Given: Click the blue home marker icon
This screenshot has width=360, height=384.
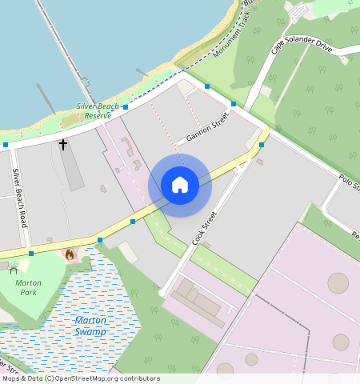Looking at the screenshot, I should pyautogui.click(x=180, y=185).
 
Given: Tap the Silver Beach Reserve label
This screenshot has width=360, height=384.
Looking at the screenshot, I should pyautogui.click(x=98, y=111).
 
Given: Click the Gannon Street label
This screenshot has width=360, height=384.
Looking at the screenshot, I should pyautogui.click(x=207, y=126).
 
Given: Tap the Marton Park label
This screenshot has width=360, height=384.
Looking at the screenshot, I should pyautogui.click(x=29, y=288).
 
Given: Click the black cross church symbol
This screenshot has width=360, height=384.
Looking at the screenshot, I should pyautogui.click(x=62, y=144).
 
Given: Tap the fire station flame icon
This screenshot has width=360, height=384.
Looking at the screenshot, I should pyautogui.click(x=70, y=254).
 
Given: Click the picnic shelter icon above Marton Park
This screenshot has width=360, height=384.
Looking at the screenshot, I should pyautogui.click(x=14, y=270).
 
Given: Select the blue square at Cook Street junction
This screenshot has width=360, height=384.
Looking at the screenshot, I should pyautogui.click(x=262, y=145).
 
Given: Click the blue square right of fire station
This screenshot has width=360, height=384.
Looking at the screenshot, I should pyautogui.click(x=100, y=240).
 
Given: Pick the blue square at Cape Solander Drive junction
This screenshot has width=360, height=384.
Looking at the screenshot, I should pyautogui.click(x=233, y=104).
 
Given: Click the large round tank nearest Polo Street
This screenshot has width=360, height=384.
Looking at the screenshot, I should pyautogui.click(x=338, y=283).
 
